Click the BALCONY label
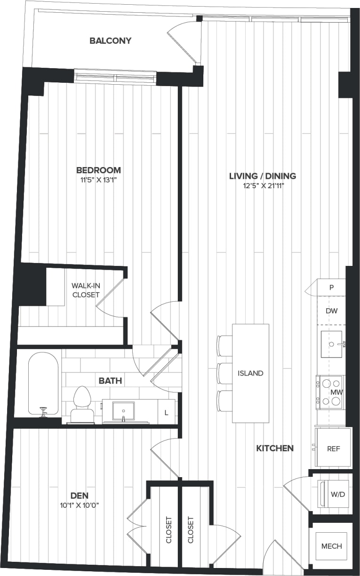pyautogui.click(x=111, y=41)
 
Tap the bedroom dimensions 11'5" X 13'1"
pyautogui.click(x=99, y=180)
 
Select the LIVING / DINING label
pyautogui.click(x=263, y=176)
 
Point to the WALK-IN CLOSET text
pyautogui.click(x=86, y=290)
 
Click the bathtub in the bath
pyautogui.click(x=43, y=383)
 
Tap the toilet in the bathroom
pyautogui.click(x=82, y=403)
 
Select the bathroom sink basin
pyautogui.click(x=123, y=410)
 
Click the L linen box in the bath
pyautogui.click(x=166, y=413)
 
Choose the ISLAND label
pyautogui.click(x=250, y=373)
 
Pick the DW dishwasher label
pyautogui.click(x=331, y=311)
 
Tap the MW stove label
pyautogui.click(x=336, y=392)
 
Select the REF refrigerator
pyautogui.click(x=333, y=448)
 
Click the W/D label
pyautogui.click(x=337, y=495)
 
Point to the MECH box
pyautogui.click(x=332, y=546)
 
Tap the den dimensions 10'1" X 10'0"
pyautogui.click(x=79, y=505)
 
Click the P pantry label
pyautogui.click(x=331, y=288)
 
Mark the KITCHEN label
pyautogui.click(x=275, y=448)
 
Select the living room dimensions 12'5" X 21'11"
pyautogui.click(x=263, y=186)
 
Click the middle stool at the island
pyautogui.click(x=224, y=373)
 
